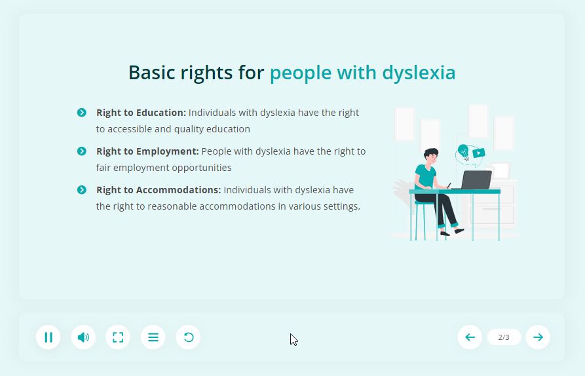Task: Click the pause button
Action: coord(48,337)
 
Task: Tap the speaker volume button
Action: coord(83,337)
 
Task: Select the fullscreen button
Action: coord(118,337)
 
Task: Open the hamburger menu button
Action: coord(153,337)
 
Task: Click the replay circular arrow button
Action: coord(188,337)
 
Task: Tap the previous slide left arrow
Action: coord(470,337)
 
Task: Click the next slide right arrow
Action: coord(538,337)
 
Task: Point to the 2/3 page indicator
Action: coord(504,337)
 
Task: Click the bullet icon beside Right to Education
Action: coord(82,112)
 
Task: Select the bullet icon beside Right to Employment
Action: coord(82,151)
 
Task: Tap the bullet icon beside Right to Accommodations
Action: coord(82,190)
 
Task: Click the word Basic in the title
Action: coord(152,72)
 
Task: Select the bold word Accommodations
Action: coord(179,190)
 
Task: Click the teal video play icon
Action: coord(478,153)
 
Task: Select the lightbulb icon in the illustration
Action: coord(463,152)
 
